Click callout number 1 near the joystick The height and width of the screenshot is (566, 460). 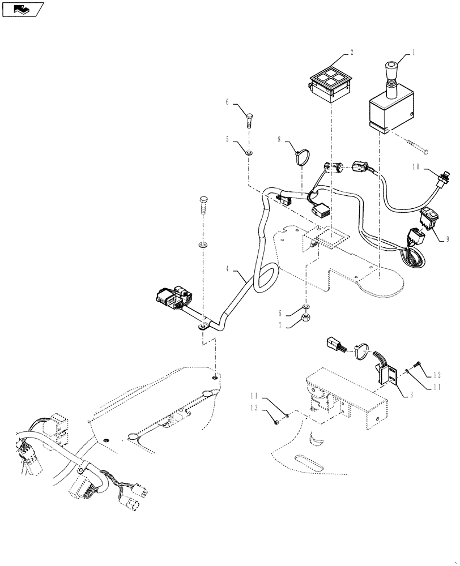(x=414, y=52)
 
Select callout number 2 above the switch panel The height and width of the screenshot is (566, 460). (x=351, y=52)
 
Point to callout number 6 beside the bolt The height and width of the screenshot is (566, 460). (x=227, y=102)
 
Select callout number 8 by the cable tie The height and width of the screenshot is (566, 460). (x=279, y=139)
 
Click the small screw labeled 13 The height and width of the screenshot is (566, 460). (x=275, y=420)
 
